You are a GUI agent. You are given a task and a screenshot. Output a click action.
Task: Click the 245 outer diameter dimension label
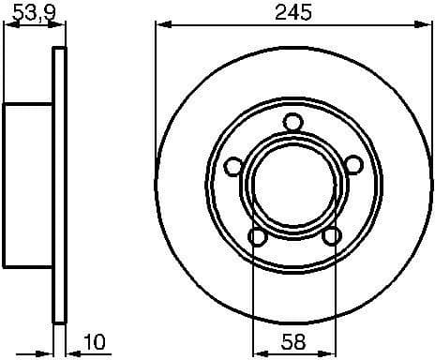(x=292, y=12)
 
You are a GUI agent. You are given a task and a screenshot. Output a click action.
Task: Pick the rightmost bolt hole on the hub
(x=353, y=166)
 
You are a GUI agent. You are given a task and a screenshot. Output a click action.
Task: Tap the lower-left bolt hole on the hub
(x=255, y=237)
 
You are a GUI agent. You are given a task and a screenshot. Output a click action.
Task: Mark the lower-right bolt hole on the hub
(x=330, y=237)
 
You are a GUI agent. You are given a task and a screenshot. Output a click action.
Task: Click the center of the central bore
(x=292, y=184)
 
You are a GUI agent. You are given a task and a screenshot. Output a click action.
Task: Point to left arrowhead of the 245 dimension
(x=160, y=25)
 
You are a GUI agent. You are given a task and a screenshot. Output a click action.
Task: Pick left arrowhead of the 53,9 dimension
(x=8, y=25)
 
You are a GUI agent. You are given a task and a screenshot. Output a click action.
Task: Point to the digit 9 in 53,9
(x=44, y=12)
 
